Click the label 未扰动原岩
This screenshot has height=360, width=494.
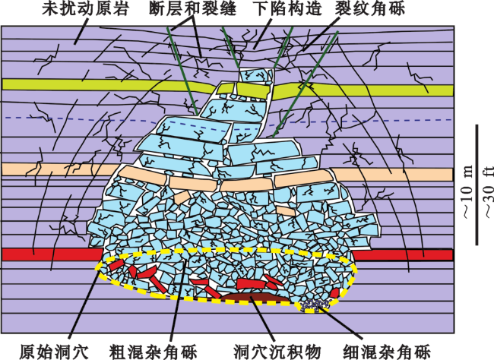pos(85,9)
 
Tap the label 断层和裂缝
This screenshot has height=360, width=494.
pos(192,9)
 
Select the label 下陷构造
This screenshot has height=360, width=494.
pos(287,9)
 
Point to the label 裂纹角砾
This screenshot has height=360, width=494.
pos(370,9)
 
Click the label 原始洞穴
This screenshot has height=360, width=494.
pos(54,352)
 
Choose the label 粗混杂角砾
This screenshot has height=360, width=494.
pos(153,352)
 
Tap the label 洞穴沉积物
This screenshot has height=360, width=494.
pos(277,352)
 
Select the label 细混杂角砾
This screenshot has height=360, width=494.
pos(387,352)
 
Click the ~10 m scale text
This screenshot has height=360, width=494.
pos(467,191)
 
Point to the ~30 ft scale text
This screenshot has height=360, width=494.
pos(488,191)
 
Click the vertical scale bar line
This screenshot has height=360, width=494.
pos(477,185)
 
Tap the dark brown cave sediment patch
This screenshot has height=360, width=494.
pos(254,296)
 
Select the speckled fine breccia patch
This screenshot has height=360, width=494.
pos(315,305)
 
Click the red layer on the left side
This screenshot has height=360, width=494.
pos(52,254)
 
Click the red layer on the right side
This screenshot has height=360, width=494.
pos(402,255)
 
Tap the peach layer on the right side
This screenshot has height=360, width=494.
pos(392,174)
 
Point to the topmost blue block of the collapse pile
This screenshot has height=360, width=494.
pos(255,75)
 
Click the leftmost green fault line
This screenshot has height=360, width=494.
pos(182,71)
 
